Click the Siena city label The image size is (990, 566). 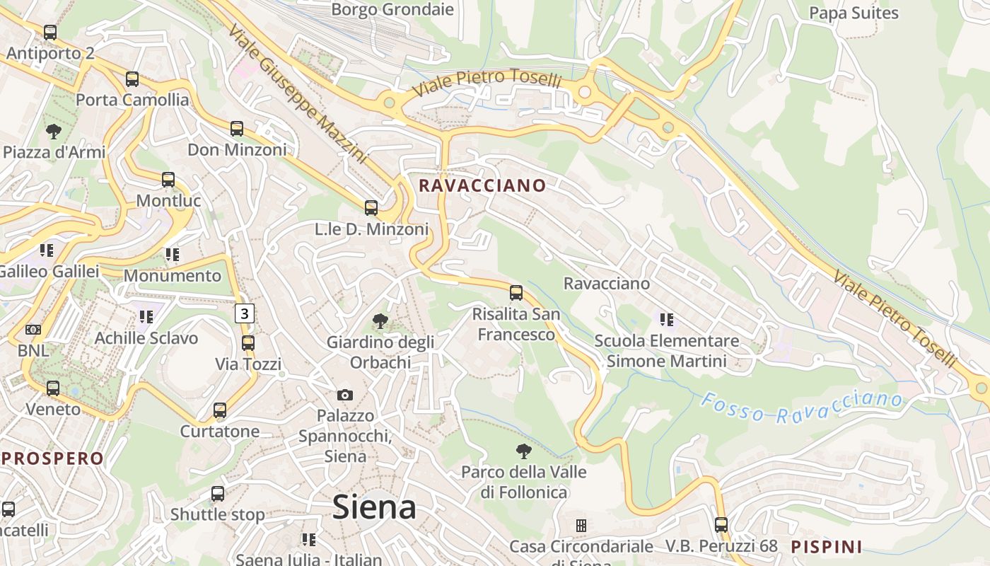point(374,507)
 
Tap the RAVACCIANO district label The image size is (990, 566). point(482,185)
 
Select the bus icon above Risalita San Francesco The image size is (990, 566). point(516,293)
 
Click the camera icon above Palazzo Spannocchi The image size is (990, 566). point(344,395)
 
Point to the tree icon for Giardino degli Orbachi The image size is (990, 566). point(380,321)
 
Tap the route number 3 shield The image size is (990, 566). point(245,313)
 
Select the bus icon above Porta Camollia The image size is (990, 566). point(132,79)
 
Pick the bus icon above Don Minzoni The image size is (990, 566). point(237,129)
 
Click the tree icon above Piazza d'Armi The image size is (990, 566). point(53,131)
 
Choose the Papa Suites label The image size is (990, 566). point(854,13)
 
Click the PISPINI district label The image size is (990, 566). point(827,546)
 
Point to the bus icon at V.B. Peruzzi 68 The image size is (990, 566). point(721,525)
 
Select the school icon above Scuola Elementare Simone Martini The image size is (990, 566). point(666,320)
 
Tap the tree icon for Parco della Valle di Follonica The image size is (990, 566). point(523,451)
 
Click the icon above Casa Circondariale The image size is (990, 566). point(581,525)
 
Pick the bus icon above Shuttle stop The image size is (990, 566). point(218,494)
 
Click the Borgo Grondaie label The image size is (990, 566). point(392,9)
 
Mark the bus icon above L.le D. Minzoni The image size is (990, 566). point(371,208)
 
